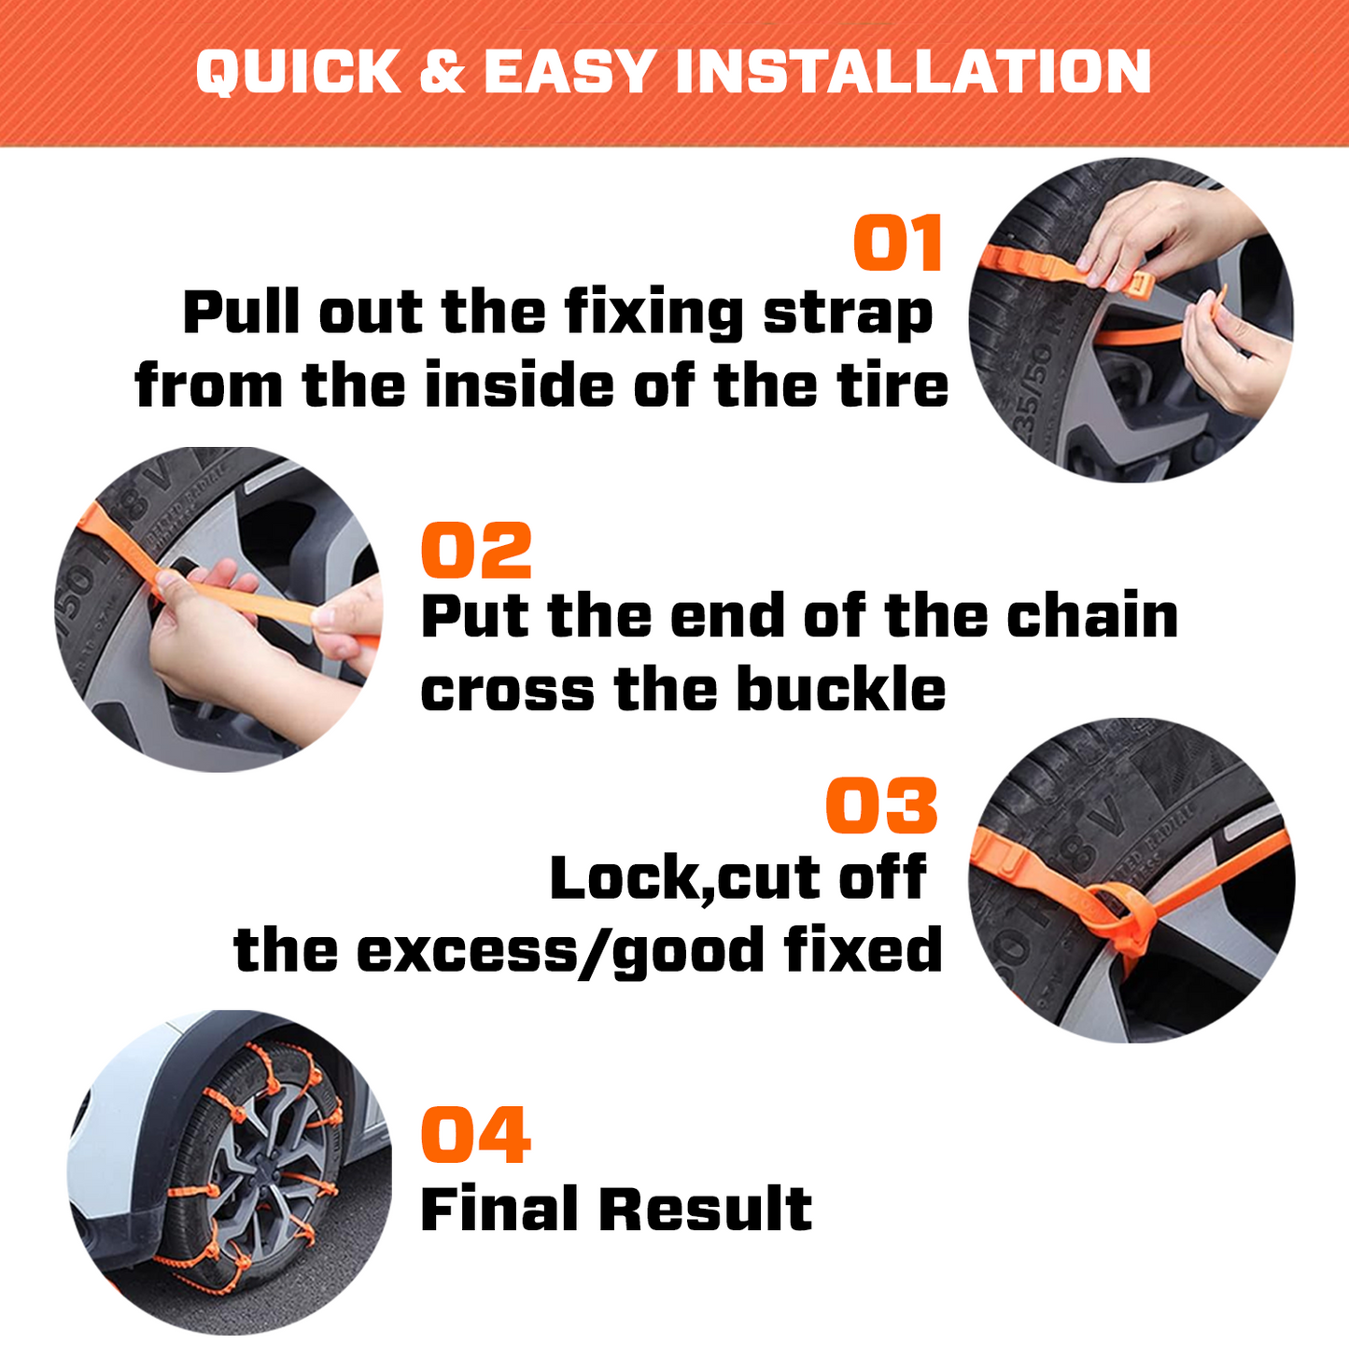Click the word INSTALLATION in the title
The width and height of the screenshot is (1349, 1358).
(913, 72)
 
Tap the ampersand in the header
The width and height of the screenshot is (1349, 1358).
(442, 72)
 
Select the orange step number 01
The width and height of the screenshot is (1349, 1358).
(898, 244)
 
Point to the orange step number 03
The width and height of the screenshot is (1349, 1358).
(881, 806)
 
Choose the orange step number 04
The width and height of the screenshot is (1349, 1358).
(476, 1135)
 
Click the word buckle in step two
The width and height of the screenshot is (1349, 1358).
(840, 691)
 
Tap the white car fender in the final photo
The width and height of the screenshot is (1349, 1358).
(121, 1139)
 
